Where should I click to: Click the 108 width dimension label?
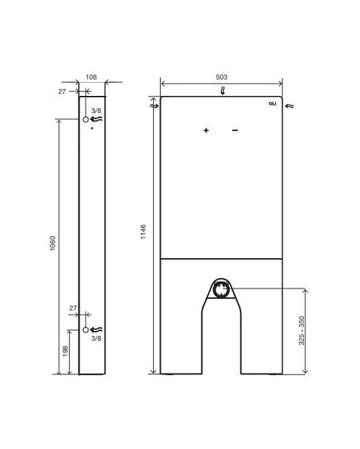[x=91, y=77]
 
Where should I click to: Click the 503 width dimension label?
[x=221, y=77]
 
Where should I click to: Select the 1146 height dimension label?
[x=143, y=232]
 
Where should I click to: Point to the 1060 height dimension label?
[x=53, y=243]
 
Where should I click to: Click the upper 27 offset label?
[x=62, y=91]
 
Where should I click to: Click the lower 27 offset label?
[x=73, y=308]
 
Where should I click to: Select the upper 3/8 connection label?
[x=96, y=111]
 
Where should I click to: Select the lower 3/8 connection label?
[x=96, y=338]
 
